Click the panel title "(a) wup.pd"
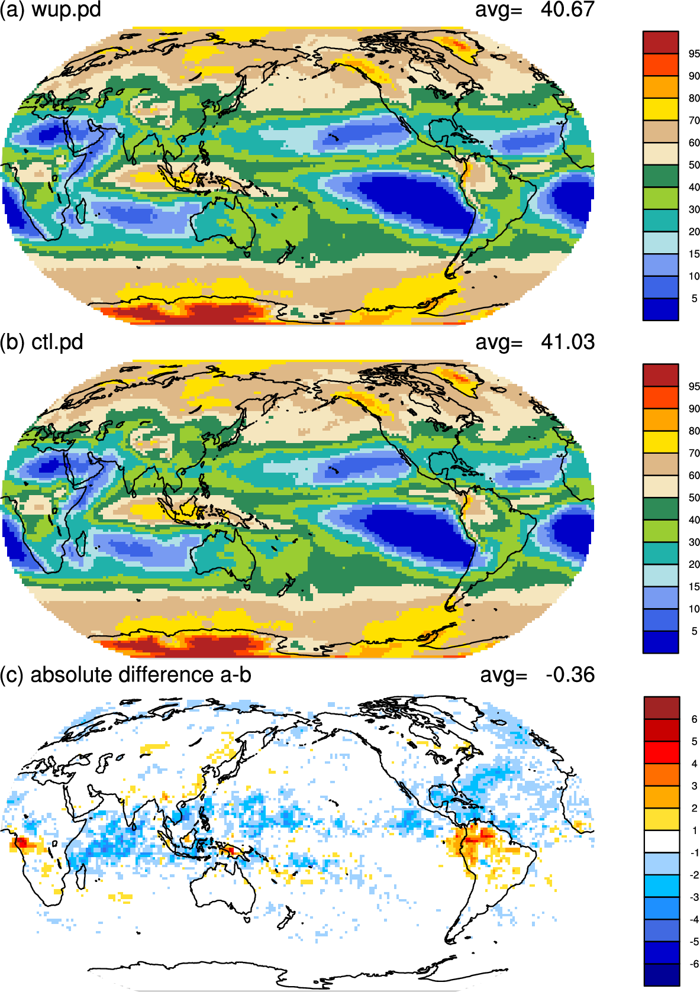pos(50,9)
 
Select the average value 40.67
pos(567,9)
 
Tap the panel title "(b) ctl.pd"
pos(41,342)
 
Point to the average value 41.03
pos(567,342)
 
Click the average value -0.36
pos(570,674)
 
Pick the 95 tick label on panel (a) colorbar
pos(694,54)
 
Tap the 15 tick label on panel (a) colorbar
pos(694,254)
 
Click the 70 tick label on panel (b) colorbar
pos(694,453)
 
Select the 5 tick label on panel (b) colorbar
pos(694,631)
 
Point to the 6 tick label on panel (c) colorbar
pos(694,719)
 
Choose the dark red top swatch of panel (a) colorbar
pos(660,42)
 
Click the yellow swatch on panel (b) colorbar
pos(660,441)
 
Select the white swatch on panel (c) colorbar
pos(661,841)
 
